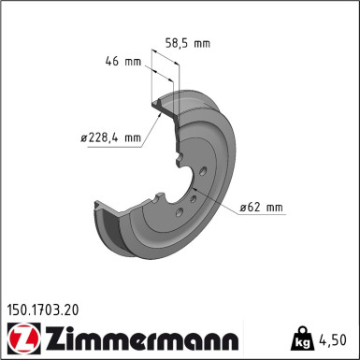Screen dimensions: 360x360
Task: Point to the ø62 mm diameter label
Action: pos(261,207)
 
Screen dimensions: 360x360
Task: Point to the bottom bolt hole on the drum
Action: pos(180,212)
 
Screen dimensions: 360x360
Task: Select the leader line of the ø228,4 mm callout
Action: pos(151,125)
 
